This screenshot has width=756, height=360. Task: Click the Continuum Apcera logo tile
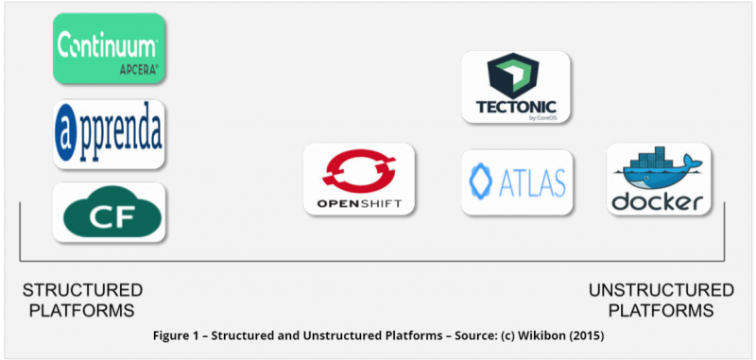109,48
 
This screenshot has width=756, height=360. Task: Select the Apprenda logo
109,134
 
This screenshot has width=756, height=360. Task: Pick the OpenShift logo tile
359,179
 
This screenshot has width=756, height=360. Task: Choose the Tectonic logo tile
516,87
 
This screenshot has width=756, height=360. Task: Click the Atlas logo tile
517,182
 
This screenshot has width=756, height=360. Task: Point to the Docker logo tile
659,179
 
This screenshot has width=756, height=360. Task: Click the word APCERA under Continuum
138,70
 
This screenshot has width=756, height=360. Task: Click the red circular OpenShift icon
359,171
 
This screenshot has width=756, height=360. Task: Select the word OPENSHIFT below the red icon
359,203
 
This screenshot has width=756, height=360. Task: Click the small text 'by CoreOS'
546,117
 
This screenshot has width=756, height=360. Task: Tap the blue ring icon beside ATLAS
481,181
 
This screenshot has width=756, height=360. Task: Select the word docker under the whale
658,201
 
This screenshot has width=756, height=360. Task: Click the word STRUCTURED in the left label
82,291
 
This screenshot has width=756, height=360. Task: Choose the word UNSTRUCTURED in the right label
661,291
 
